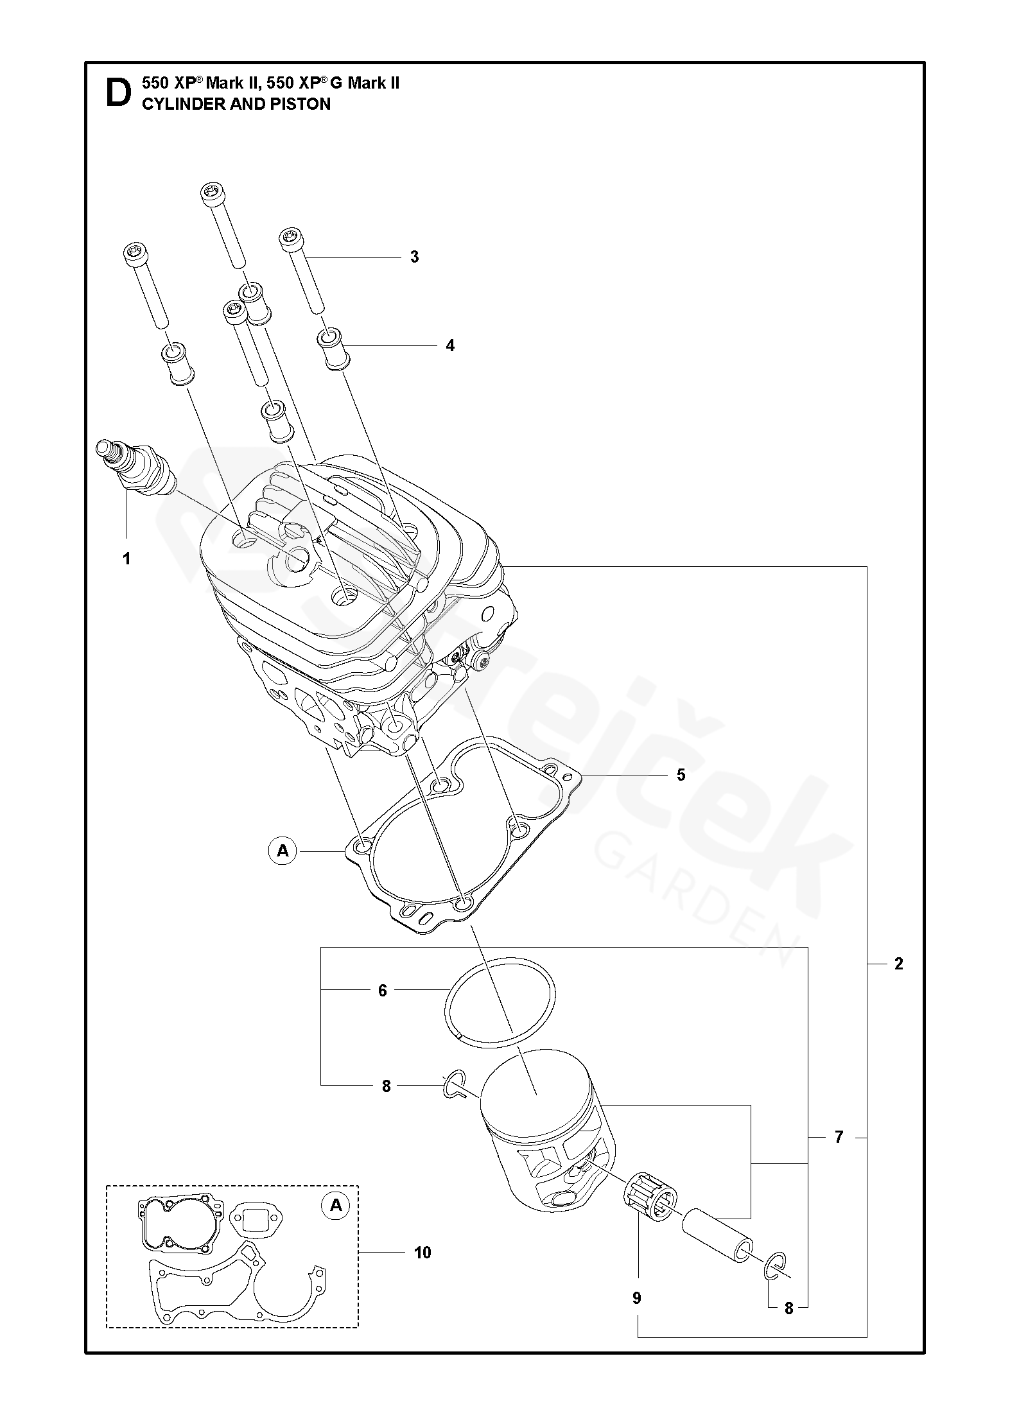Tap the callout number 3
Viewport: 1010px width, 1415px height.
(414, 257)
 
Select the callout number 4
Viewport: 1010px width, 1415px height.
(450, 346)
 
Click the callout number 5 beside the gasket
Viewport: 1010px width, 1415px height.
(681, 775)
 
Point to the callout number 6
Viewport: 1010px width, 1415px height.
(383, 1009)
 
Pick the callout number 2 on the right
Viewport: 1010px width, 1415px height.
(898, 982)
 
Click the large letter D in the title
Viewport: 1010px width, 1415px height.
(118, 93)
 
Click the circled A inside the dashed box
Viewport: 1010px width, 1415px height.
(336, 1206)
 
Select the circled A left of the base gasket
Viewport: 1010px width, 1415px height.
(283, 851)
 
